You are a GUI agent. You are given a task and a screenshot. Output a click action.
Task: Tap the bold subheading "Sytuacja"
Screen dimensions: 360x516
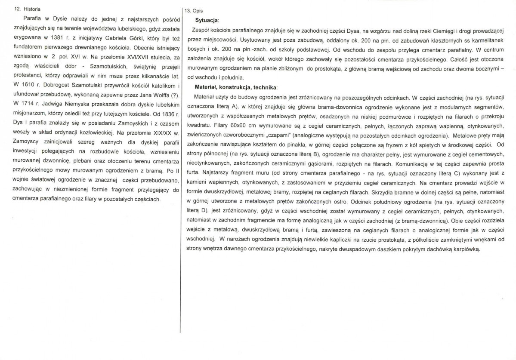coord(207,20)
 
